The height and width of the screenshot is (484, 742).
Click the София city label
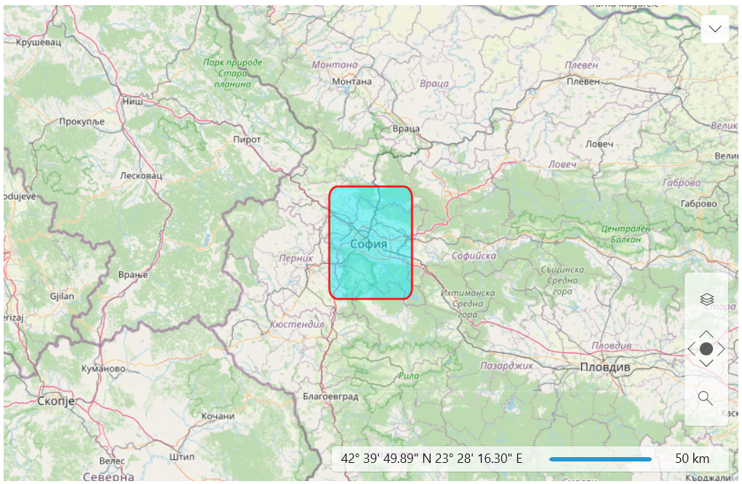click(369, 243)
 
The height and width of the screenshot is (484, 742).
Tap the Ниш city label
click(132, 102)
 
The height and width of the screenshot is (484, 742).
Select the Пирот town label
click(247, 140)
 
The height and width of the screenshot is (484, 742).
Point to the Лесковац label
click(141, 176)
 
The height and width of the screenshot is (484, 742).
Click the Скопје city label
click(55, 401)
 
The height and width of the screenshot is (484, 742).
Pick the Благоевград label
click(331, 397)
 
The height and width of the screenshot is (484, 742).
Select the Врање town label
click(133, 275)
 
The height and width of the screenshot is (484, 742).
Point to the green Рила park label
click(409, 376)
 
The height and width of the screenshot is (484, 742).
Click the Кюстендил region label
click(297, 324)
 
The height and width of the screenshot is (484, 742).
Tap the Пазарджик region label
click(507, 366)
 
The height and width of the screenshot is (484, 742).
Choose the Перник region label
click(296, 258)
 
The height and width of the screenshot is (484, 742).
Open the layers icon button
click(706, 299)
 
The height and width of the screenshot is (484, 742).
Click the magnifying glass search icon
click(705, 398)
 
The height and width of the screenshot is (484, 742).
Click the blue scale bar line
click(600, 459)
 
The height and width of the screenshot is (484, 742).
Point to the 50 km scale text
click(692, 459)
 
